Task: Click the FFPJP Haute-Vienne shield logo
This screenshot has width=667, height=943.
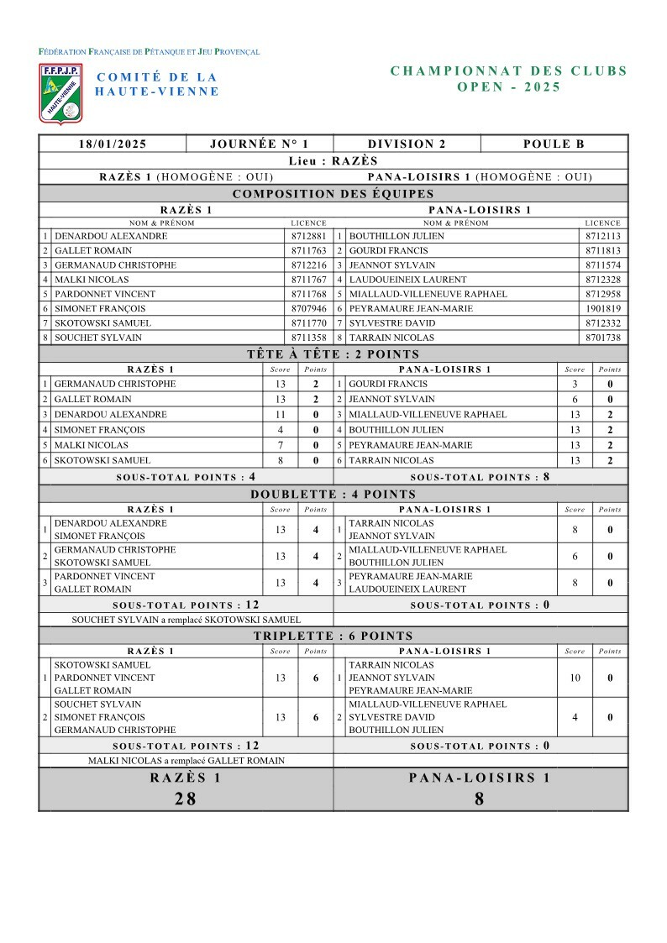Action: (x=60, y=93)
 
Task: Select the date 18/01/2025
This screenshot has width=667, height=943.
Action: (x=113, y=144)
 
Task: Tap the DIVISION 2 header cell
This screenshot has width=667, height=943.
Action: (x=407, y=144)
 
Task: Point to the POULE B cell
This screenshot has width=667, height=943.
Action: (x=554, y=144)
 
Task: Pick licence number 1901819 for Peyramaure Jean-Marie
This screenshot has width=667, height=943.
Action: (x=602, y=308)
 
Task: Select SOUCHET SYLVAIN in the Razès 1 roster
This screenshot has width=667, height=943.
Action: (x=98, y=338)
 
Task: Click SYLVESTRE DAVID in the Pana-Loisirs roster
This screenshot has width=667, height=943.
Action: (x=387, y=323)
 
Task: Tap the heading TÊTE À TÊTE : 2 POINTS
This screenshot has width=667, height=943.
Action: (x=333, y=354)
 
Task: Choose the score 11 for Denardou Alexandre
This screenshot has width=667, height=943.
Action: (x=281, y=415)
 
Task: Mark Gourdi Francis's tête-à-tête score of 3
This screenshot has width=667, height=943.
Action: (x=575, y=385)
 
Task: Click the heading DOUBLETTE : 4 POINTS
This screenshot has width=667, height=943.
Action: (x=333, y=495)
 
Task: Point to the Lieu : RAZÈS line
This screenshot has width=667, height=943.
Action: (x=333, y=161)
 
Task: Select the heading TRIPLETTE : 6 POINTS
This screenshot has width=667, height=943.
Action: (x=333, y=637)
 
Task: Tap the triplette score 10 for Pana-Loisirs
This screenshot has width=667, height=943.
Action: (x=575, y=678)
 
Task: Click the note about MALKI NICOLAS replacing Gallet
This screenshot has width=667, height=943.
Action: (x=186, y=761)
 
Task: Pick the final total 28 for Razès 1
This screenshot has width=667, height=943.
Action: (x=186, y=799)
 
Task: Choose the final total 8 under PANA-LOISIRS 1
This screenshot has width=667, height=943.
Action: (x=480, y=799)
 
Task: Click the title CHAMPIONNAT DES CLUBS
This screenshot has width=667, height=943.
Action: (x=509, y=71)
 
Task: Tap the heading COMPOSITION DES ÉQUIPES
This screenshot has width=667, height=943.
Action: (x=333, y=194)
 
